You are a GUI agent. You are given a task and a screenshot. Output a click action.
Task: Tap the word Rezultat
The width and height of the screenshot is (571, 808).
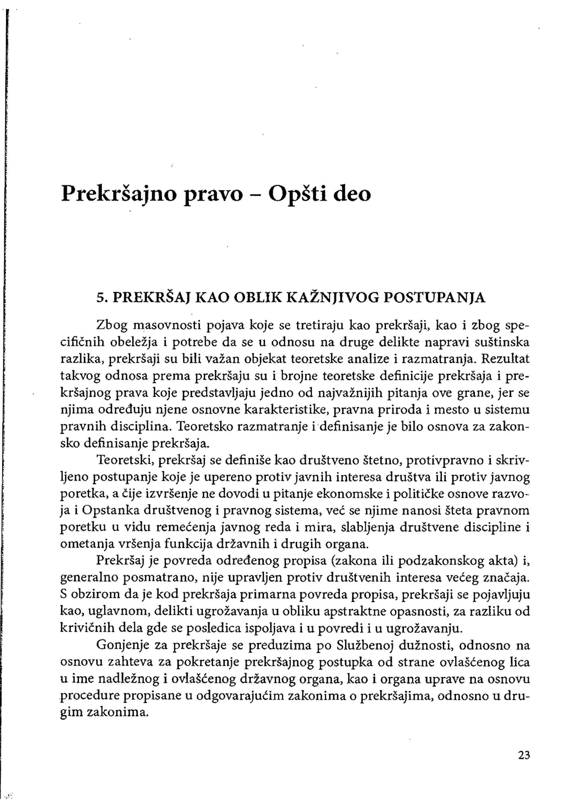coord(505,359)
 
